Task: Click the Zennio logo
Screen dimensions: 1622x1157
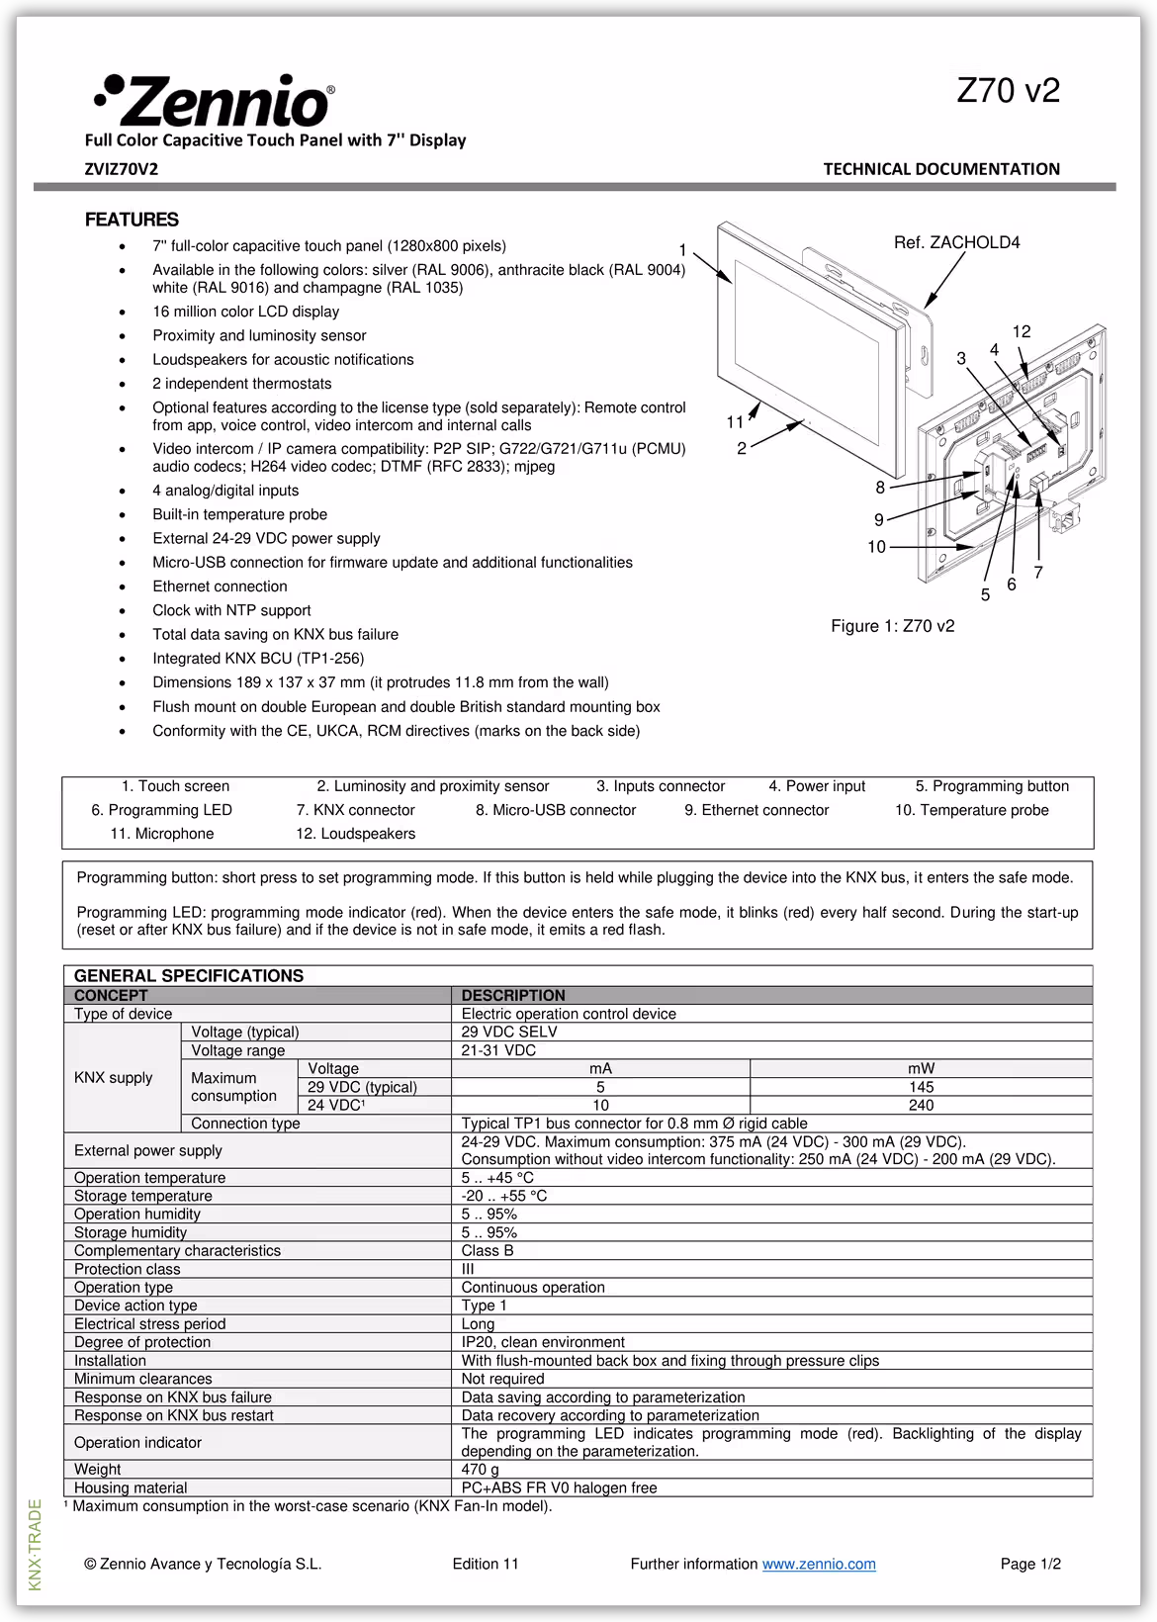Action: tap(214, 101)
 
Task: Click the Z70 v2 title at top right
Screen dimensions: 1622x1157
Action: tap(1008, 91)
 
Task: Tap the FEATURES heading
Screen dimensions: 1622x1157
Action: tap(132, 220)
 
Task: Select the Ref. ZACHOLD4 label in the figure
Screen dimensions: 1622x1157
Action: tap(956, 242)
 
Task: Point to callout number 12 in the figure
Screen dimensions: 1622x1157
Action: tap(1021, 332)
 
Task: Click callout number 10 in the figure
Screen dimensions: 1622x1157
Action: tap(876, 547)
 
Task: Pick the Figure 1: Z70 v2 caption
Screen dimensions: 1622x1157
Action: tap(892, 626)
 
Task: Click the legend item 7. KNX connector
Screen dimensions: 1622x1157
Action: tap(355, 810)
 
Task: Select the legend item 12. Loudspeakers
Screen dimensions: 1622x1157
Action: tap(355, 834)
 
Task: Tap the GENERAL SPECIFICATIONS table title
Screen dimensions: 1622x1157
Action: tap(189, 976)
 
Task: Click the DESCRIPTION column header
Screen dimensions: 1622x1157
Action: tap(513, 995)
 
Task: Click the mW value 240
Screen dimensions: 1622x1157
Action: tap(921, 1105)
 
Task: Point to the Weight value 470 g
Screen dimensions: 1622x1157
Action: tap(480, 1470)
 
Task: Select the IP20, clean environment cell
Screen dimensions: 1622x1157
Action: tap(543, 1342)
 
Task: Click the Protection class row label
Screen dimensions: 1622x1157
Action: tap(127, 1269)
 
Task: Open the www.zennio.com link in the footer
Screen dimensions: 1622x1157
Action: tap(819, 1564)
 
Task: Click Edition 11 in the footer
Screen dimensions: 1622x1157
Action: tap(485, 1564)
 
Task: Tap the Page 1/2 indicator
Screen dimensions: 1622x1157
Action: tap(1029, 1564)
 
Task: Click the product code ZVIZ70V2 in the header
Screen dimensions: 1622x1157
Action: tap(121, 169)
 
